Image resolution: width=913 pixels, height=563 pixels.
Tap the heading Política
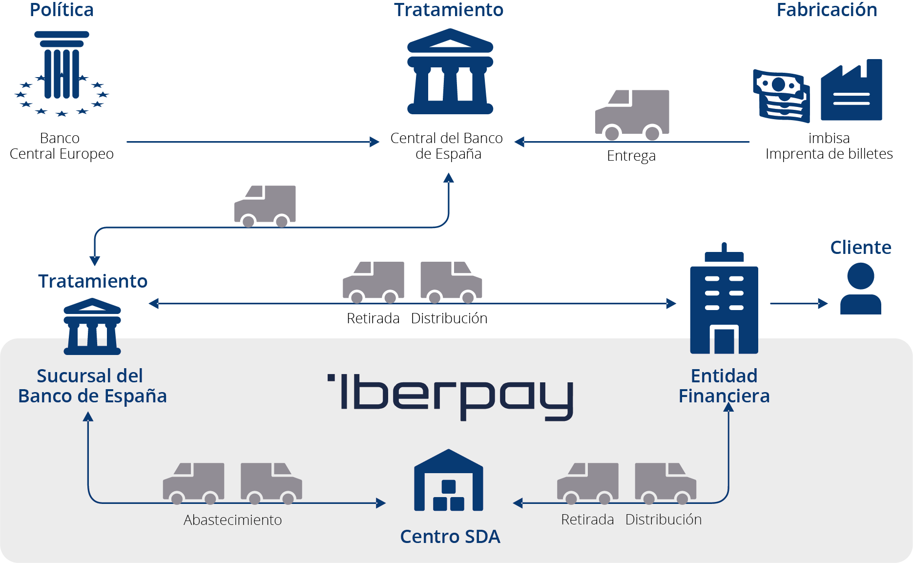pos(62,10)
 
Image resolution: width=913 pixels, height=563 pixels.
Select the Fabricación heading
pos(827,10)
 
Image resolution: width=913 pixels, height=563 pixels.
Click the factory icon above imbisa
pos(851,91)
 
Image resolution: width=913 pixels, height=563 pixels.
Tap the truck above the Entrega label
pos(632,114)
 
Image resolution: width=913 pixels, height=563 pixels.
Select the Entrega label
pos(631,156)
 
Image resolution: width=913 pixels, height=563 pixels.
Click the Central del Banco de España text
pos(447,146)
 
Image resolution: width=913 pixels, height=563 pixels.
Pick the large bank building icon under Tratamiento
pos(450,72)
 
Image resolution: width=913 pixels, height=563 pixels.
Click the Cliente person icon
pos(861,289)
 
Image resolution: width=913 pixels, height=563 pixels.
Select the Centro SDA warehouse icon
pos(449,481)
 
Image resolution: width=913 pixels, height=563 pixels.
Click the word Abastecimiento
pos(232,520)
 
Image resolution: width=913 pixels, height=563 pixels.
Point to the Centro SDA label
pos(450,537)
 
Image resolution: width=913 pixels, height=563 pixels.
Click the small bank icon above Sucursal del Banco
pos(92,327)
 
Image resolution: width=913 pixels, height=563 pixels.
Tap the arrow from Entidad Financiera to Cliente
pos(799,304)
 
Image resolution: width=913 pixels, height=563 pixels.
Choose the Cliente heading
pos(861,248)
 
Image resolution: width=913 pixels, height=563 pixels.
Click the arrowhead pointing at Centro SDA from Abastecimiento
pos(381,503)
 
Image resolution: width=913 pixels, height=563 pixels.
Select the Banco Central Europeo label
pos(62,146)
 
